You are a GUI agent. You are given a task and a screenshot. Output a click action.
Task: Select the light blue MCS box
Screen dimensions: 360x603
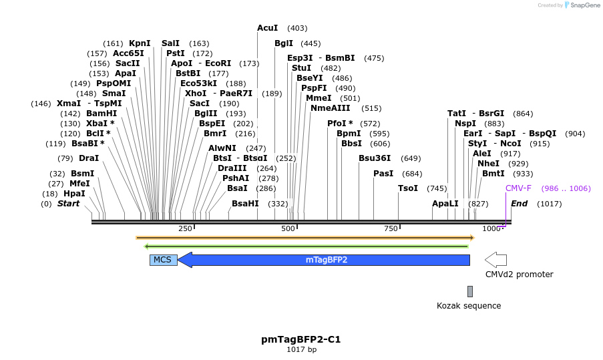pyautogui.click(x=163, y=260)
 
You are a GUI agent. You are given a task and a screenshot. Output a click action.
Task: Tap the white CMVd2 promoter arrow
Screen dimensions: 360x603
pyautogui.click(x=495, y=260)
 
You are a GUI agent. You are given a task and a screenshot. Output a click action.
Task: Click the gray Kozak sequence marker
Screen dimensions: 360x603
pyautogui.click(x=470, y=291)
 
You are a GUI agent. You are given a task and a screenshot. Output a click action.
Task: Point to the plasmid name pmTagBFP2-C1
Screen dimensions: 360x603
pyautogui.click(x=301, y=339)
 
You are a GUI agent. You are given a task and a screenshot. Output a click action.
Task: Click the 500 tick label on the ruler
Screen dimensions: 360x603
pyautogui.click(x=288, y=229)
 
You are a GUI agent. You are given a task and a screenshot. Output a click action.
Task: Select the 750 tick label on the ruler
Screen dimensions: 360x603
pyautogui.click(x=390, y=229)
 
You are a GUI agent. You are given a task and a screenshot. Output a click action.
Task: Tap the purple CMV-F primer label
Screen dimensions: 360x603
pyautogui.click(x=519, y=188)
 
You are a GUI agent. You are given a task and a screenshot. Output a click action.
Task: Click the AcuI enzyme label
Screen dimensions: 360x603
pyautogui.click(x=268, y=28)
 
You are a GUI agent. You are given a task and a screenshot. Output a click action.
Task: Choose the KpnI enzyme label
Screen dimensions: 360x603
pyautogui.click(x=140, y=43)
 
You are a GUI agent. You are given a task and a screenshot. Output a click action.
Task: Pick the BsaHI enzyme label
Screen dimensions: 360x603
pyautogui.click(x=245, y=204)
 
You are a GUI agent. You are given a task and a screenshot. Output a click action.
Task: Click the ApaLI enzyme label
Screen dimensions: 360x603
pyautogui.click(x=445, y=204)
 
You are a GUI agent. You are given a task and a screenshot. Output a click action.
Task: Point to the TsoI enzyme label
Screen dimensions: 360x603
pyautogui.click(x=408, y=188)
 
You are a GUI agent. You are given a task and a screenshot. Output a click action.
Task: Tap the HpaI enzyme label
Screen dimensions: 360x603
pyautogui.click(x=74, y=194)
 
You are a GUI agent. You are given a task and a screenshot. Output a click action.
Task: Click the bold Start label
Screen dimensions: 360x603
pyautogui.click(x=68, y=204)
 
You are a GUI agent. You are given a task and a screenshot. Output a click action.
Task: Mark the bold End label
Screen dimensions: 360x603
pyautogui.click(x=520, y=204)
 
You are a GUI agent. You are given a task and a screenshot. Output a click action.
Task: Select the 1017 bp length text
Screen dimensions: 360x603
pyautogui.click(x=301, y=349)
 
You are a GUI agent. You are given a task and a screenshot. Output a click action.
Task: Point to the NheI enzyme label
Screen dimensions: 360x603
pyautogui.click(x=488, y=164)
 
